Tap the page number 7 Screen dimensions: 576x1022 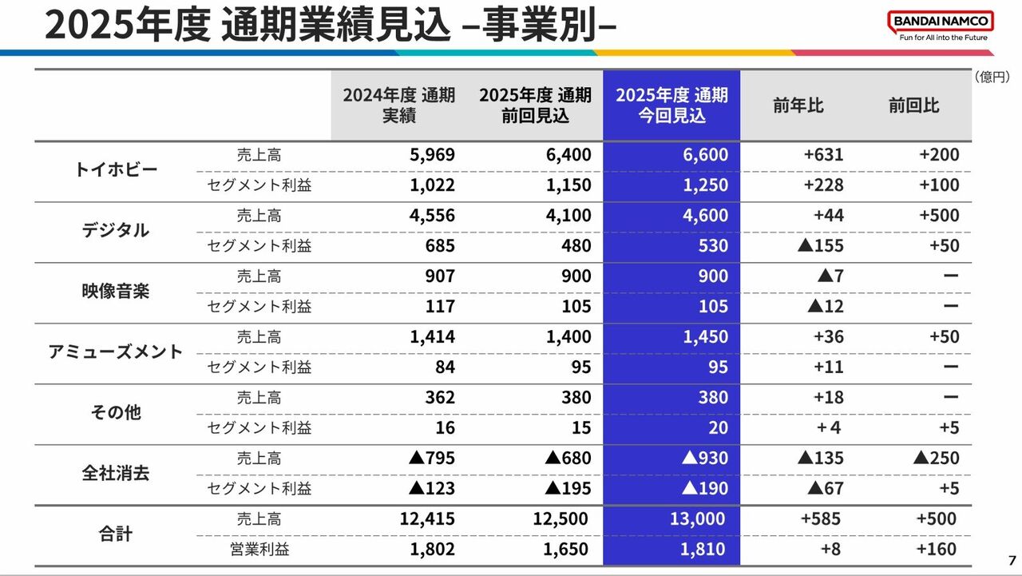point(1012,559)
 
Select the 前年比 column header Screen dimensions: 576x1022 point(798,105)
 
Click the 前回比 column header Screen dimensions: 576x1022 point(913,105)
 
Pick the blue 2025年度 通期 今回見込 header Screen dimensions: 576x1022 point(671,105)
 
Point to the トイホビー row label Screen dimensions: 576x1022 point(116,170)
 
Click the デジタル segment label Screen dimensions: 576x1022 point(116,231)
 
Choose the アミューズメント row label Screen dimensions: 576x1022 point(116,352)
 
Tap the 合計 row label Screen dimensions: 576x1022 point(116,534)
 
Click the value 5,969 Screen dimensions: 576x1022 point(432,155)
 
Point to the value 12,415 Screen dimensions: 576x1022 point(427,519)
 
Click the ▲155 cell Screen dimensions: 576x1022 point(820,246)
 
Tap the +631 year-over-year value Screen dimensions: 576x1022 point(823,155)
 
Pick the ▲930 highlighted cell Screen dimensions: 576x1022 point(705,459)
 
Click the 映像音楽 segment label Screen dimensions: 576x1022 point(116,292)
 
